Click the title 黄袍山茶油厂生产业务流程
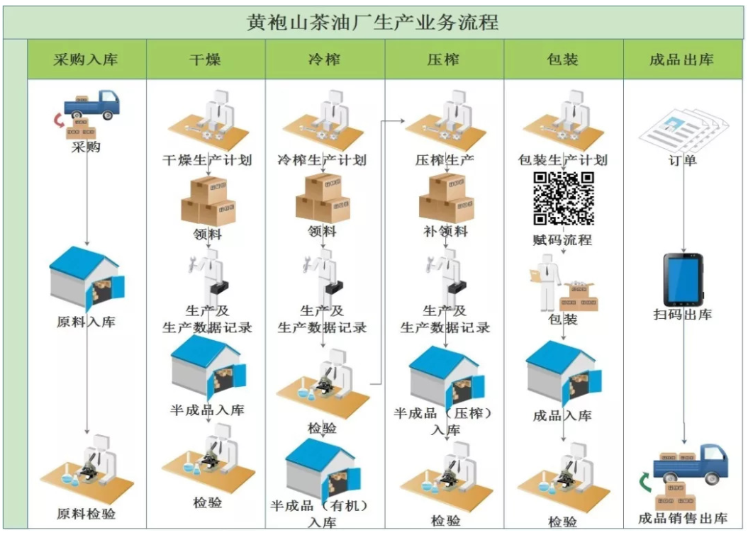(372, 22)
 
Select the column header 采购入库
(86, 60)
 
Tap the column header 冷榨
(325, 60)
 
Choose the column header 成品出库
(681, 60)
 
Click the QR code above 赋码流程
(564, 198)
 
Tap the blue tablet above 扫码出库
(683, 280)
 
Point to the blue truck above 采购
(92, 104)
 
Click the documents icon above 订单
(683, 129)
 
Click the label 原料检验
(86, 514)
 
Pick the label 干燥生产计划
(207, 159)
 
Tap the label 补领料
(445, 231)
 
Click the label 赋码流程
(562, 240)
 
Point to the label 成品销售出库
(683, 518)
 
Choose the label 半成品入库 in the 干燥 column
(207, 410)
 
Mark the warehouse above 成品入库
(563, 373)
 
